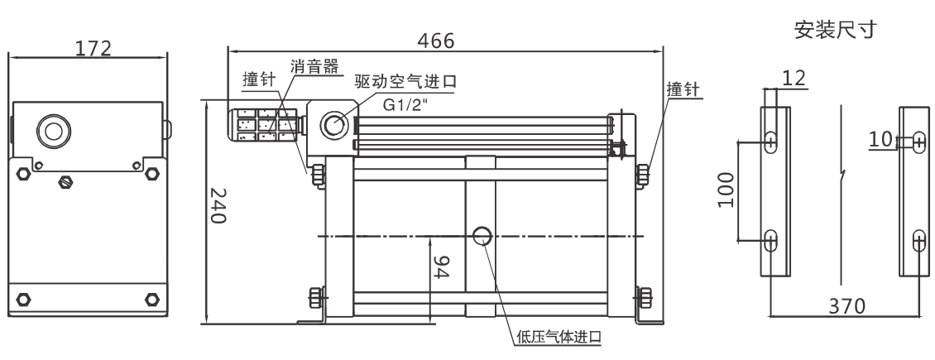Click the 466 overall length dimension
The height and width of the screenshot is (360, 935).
pos(435,41)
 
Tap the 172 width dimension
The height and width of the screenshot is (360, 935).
pos(93,48)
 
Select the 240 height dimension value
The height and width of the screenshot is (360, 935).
pos(218,205)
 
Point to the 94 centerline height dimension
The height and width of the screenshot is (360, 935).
pos(440,267)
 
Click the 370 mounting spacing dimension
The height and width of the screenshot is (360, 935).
pos(846,306)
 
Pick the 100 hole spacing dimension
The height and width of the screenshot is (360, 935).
pos(726,190)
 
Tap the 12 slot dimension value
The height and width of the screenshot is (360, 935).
pos(794,78)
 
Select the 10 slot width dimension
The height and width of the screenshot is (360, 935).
pos(880,140)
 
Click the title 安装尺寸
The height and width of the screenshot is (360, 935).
pos(836,30)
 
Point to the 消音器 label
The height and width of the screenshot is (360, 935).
pos(315,66)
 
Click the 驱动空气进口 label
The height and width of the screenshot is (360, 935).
pos(405,81)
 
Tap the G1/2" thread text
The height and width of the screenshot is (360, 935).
pos(405,105)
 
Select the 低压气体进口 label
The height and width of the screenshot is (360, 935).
pos(559,337)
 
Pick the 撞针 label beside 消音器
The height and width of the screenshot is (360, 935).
pos(259,80)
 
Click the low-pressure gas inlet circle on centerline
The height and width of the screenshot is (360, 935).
pos(482,236)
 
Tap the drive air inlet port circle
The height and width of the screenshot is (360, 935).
pos(334,125)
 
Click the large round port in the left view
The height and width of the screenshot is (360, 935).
pos(54,131)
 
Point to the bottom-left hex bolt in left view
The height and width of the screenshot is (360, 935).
pos(23,300)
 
